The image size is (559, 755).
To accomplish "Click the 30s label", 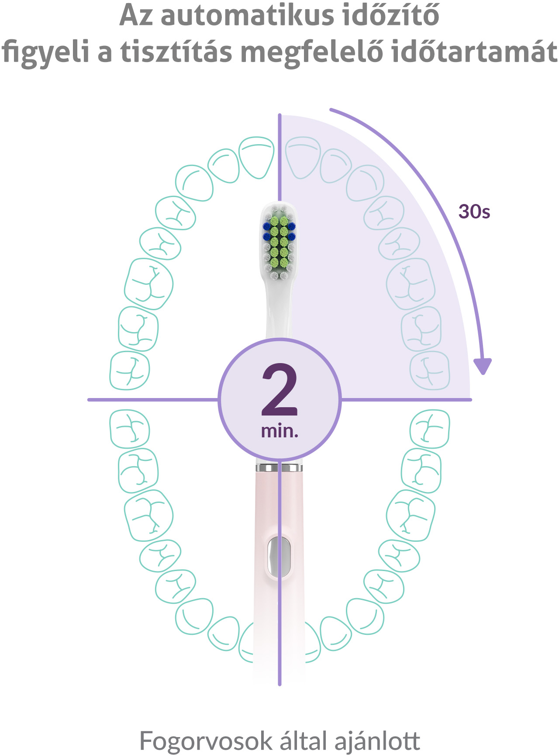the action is click(x=474, y=211).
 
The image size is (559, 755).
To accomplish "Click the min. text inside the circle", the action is click(x=279, y=431).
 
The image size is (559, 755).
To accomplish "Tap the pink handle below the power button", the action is click(x=279, y=629).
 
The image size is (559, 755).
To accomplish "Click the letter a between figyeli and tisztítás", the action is click(x=105, y=53).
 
